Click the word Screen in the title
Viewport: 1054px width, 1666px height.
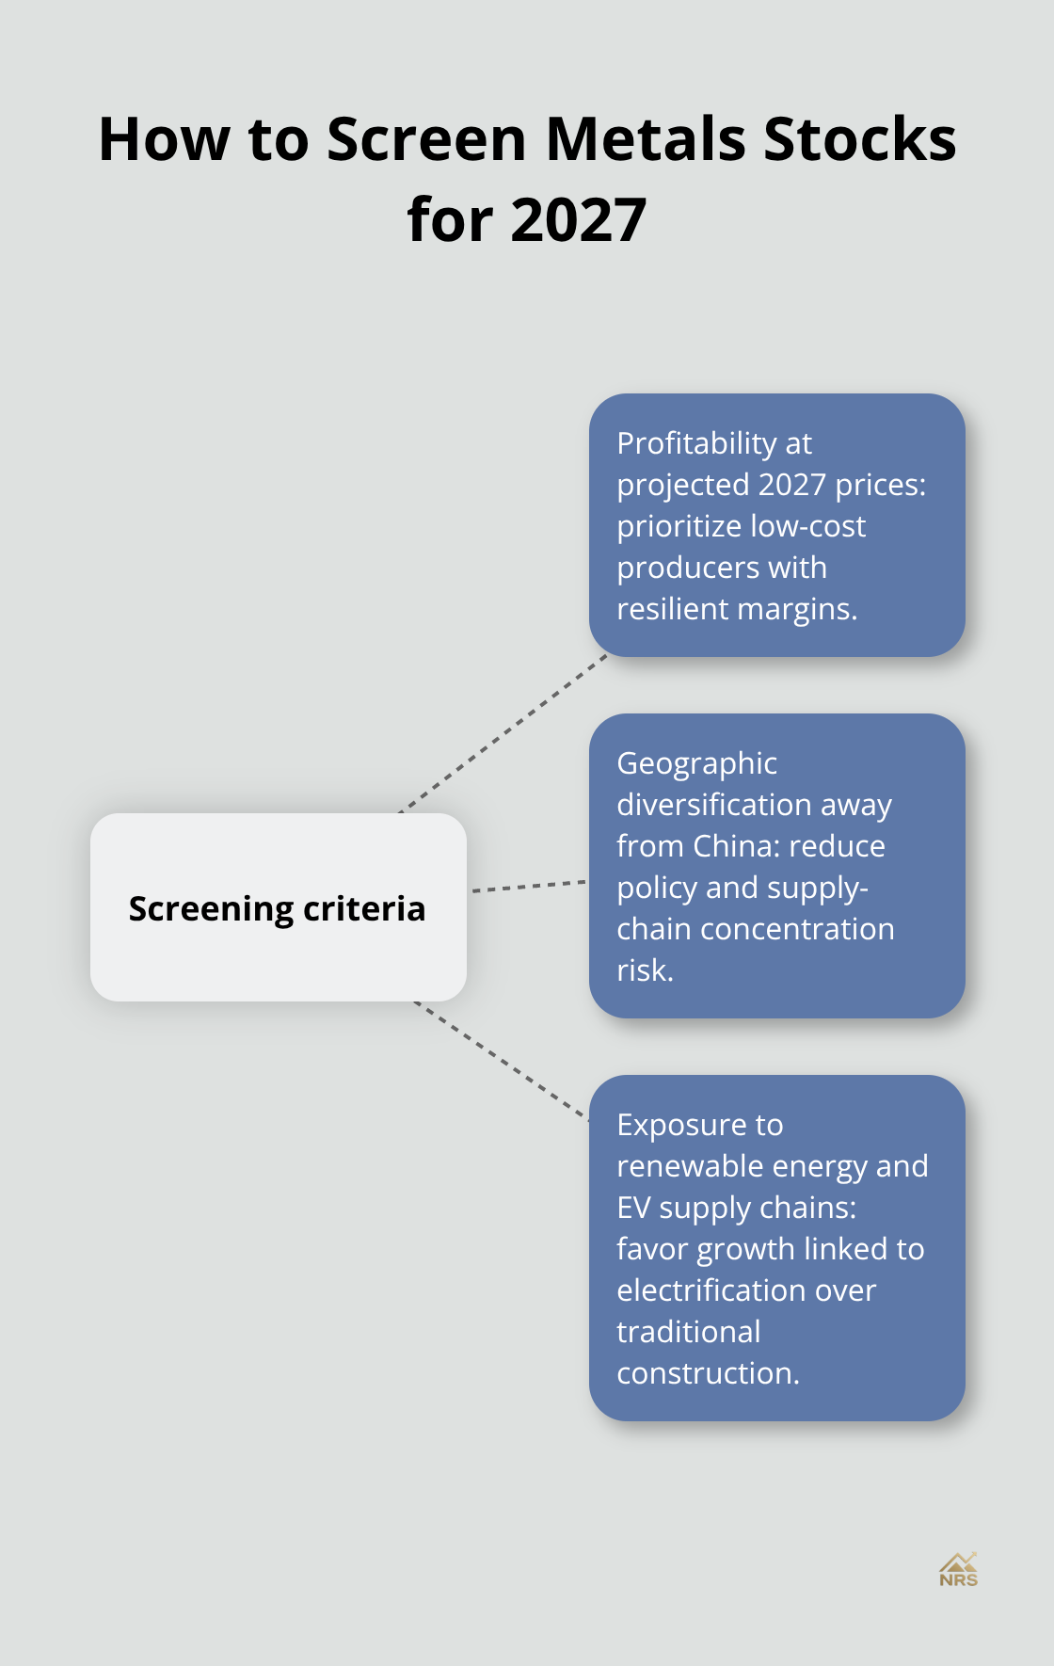pyautogui.click(x=426, y=139)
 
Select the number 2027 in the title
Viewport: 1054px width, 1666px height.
pyautogui.click(x=579, y=220)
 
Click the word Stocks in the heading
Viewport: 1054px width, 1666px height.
pyautogui.click(x=859, y=139)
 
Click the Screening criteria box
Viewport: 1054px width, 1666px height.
pyautogui.click(x=278, y=907)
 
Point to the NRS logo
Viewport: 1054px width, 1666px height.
pyautogui.click(x=958, y=1570)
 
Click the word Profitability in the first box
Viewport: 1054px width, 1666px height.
pyautogui.click(x=696, y=443)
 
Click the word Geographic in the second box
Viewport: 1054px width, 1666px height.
pyautogui.click(x=696, y=763)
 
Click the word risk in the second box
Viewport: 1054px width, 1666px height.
pyautogui.click(x=644, y=970)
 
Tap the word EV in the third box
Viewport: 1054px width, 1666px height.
pyautogui.click(x=633, y=1208)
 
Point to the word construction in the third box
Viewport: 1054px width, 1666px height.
pyautogui.click(x=707, y=1373)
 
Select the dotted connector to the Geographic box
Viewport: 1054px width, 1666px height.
pyautogui.click(x=528, y=886)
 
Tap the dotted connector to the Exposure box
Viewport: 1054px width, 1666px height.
pyautogui.click(x=502, y=1061)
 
